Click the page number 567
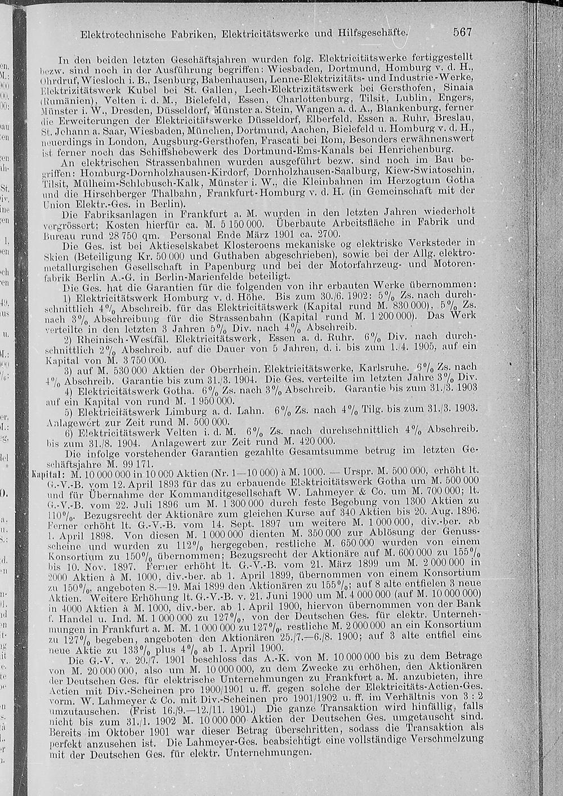pos(462,32)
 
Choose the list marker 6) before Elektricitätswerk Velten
pos(69,432)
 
